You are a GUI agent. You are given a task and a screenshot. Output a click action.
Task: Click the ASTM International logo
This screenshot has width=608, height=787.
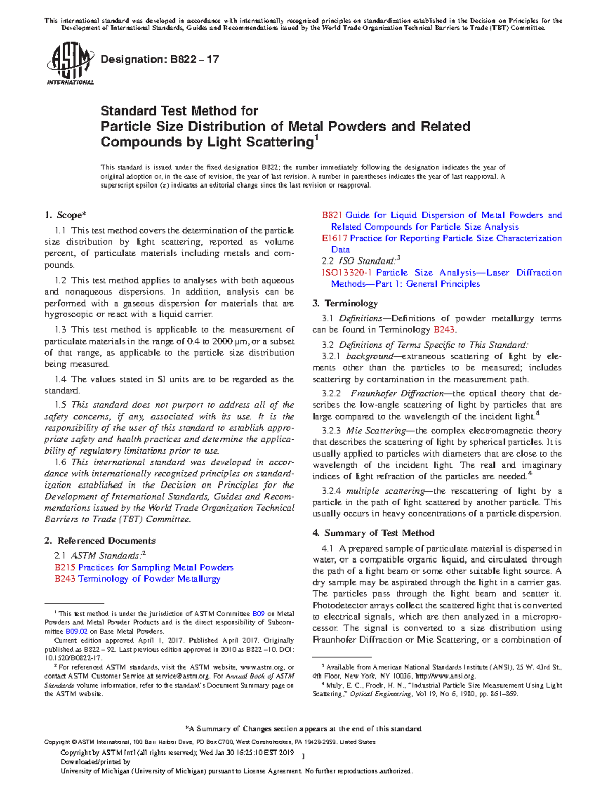click(70, 63)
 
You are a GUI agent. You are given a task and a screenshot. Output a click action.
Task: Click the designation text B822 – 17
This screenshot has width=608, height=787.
click(160, 59)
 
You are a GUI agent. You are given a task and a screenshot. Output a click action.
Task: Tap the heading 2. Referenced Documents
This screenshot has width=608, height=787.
click(100, 540)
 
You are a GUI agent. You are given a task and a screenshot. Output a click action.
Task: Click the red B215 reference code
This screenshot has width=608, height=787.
click(65, 567)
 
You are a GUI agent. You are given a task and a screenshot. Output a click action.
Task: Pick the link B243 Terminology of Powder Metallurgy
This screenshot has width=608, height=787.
click(137, 579)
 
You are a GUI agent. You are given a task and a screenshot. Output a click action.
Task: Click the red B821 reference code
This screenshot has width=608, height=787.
click(332, 215)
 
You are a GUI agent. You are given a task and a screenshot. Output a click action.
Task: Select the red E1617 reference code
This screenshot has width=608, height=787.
click(334, 238)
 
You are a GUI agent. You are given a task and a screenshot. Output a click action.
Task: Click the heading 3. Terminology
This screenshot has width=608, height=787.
click(345, 303)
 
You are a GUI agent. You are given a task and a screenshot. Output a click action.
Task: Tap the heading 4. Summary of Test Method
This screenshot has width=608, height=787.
click(373, 533)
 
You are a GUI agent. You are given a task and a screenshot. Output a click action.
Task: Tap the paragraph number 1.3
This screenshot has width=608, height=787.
click(61, 329)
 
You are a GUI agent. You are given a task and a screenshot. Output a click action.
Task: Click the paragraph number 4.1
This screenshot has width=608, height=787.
click(327, 548)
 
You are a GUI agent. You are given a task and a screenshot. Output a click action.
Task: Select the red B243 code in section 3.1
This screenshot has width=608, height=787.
click(444, 330)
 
